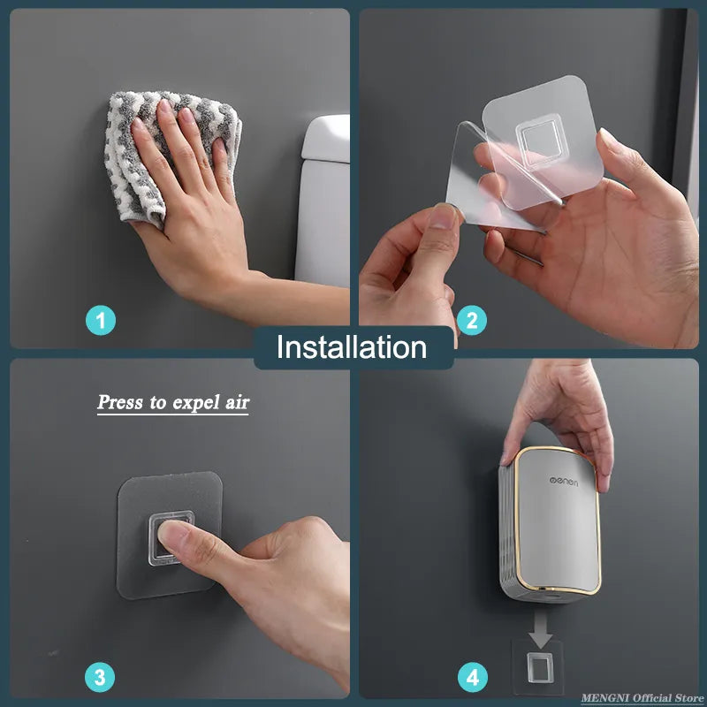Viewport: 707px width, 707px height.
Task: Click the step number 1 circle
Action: tap(101, 320)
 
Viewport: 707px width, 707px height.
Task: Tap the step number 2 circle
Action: tap(472, 320)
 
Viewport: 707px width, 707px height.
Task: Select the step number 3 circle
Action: tap(101, 678)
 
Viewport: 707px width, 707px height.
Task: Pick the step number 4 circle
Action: tap(472, 678)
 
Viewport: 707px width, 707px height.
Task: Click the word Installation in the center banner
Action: tap(352, 346)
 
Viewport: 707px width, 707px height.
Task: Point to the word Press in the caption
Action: tap(120, 403)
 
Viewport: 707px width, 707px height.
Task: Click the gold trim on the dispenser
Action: tap(597, 530)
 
